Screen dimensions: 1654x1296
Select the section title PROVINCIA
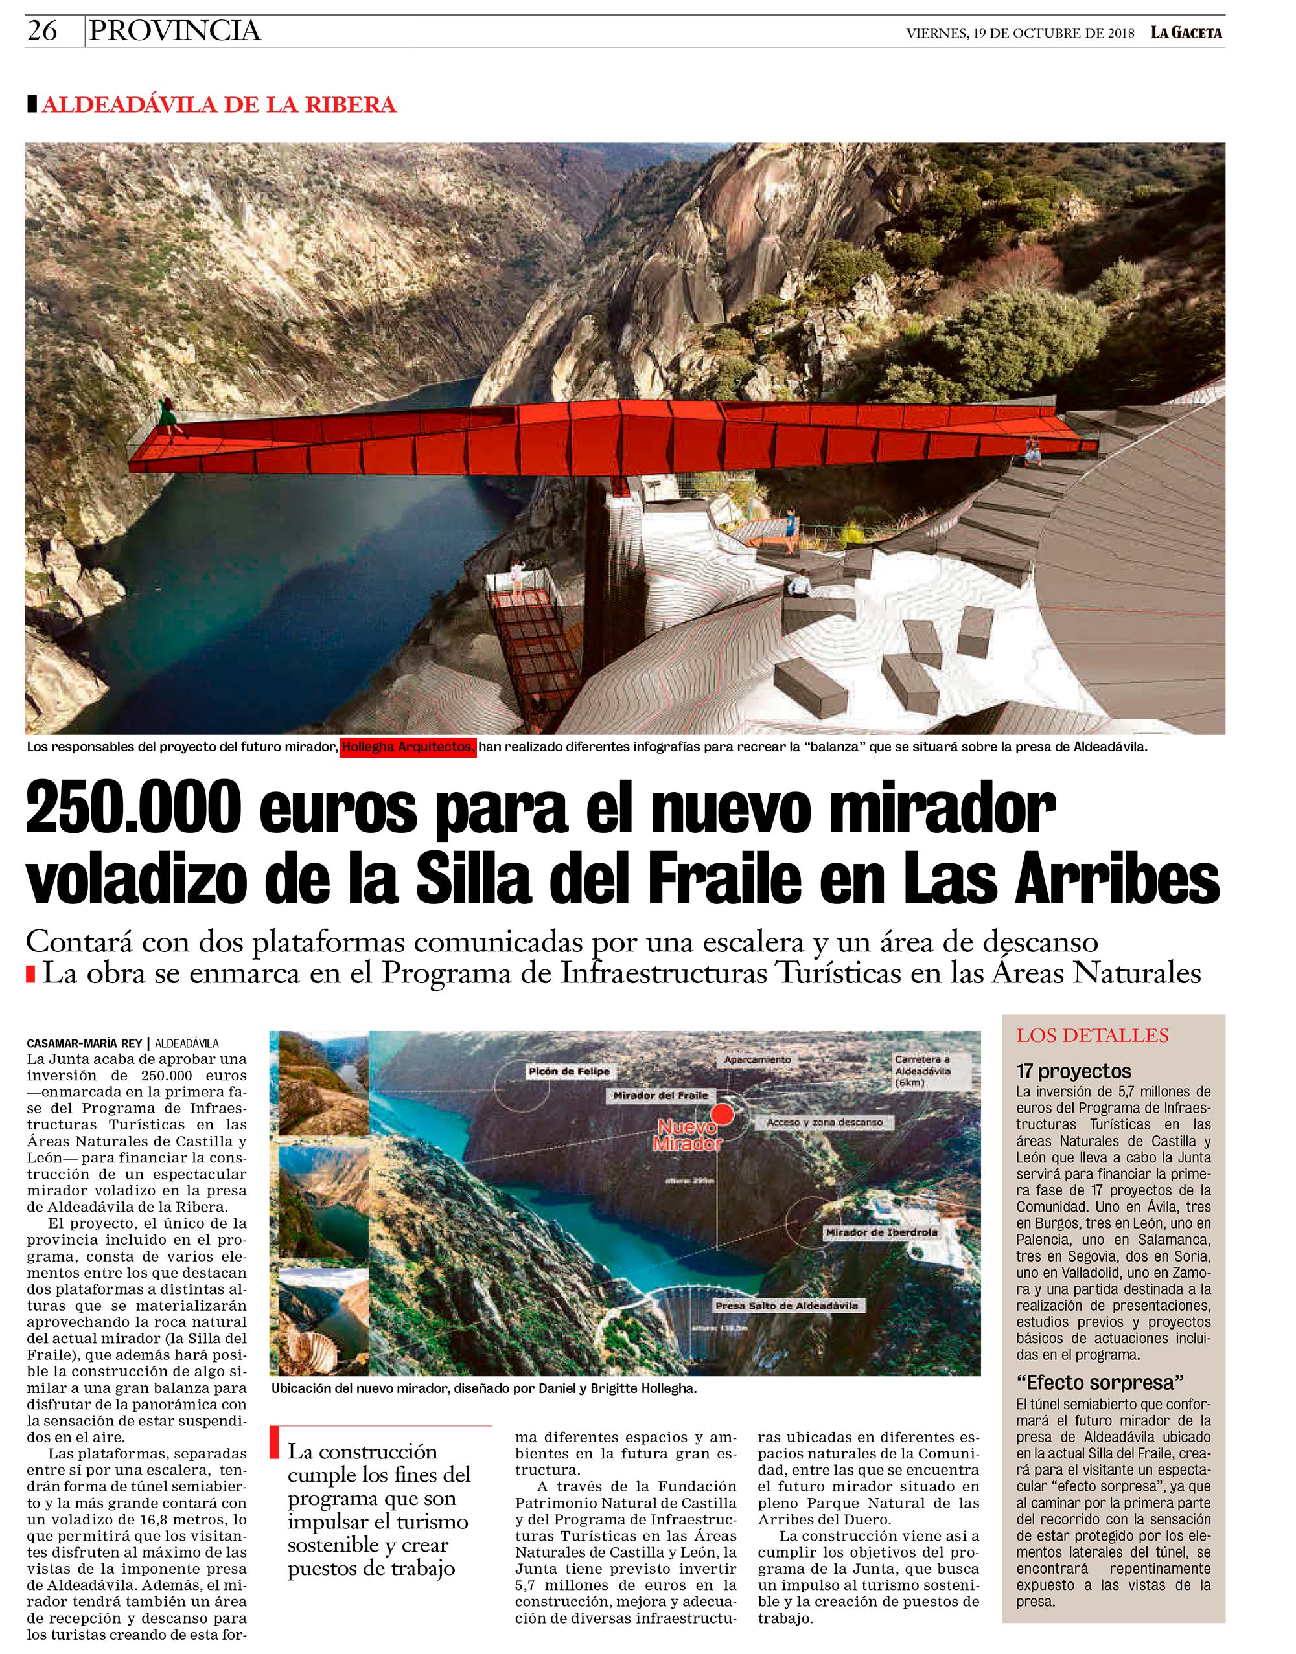(174, 30)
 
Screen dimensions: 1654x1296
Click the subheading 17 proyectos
(1074, 1072)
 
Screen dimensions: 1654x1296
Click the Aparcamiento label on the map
(758, 1059)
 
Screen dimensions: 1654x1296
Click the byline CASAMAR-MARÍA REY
(84, 1043)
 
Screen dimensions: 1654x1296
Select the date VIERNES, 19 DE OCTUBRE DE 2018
(1020, 34)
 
